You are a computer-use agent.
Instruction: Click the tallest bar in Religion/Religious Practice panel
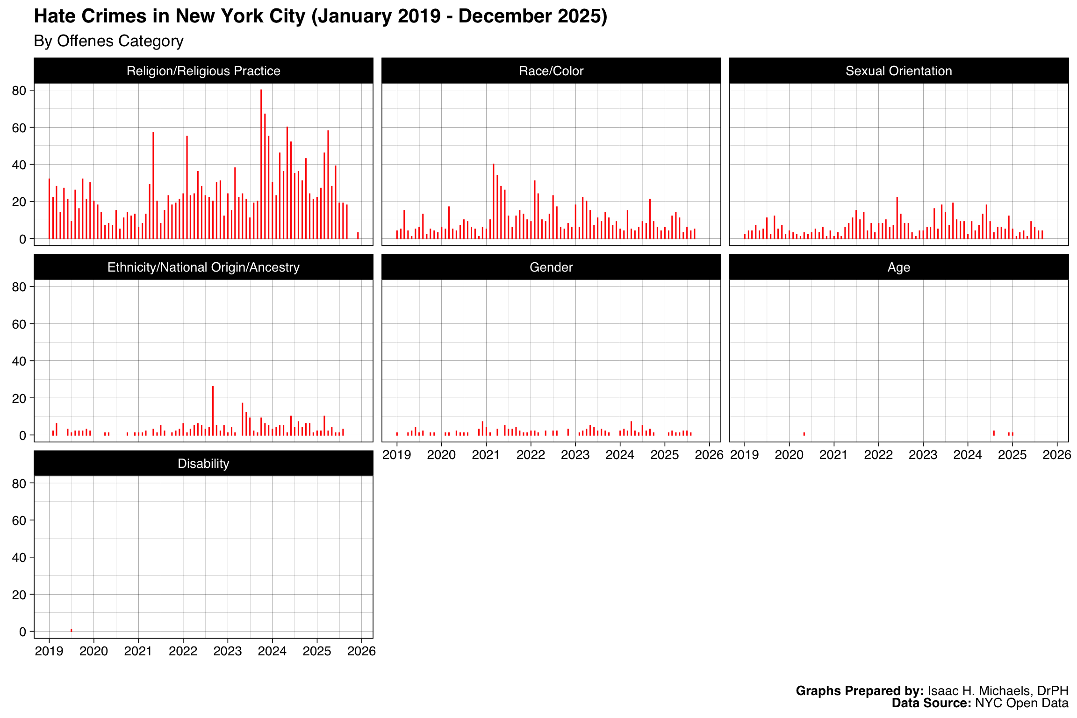click(x=261, y=164)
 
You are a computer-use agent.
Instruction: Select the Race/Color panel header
click(x=551, y=71)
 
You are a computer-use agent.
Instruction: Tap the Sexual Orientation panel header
click(x=898, y=71)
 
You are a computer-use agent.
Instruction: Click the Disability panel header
click(x=203, y=464)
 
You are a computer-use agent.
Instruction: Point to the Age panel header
click(x=898, y=267)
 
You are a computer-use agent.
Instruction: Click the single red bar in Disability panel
click(x=71, y=630)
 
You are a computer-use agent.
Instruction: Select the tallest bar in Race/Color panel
click(x=493, y=201)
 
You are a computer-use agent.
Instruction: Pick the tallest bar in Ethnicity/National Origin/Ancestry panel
click(x=213, y=410)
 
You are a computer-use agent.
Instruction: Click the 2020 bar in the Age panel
click(x=804, y=434)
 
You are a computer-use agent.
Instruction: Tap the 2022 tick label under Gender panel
click(x=531, y=455)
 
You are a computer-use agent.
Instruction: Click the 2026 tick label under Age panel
click(x=1057, y=455)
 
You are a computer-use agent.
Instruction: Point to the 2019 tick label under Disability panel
click(x=49, y=651)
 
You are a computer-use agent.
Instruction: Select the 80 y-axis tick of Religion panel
click(x=19, y=91)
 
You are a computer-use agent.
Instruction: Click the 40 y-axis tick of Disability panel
click(x=19, y=558)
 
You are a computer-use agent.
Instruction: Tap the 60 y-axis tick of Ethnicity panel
click(x=19, y=324)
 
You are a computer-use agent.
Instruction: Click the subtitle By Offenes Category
click(x=108, y=41)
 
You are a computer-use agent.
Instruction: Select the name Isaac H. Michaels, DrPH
click(x=998, y=691)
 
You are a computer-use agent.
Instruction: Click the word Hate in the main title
click(x=54, y=16)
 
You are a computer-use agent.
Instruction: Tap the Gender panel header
click(x=551, y=267)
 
